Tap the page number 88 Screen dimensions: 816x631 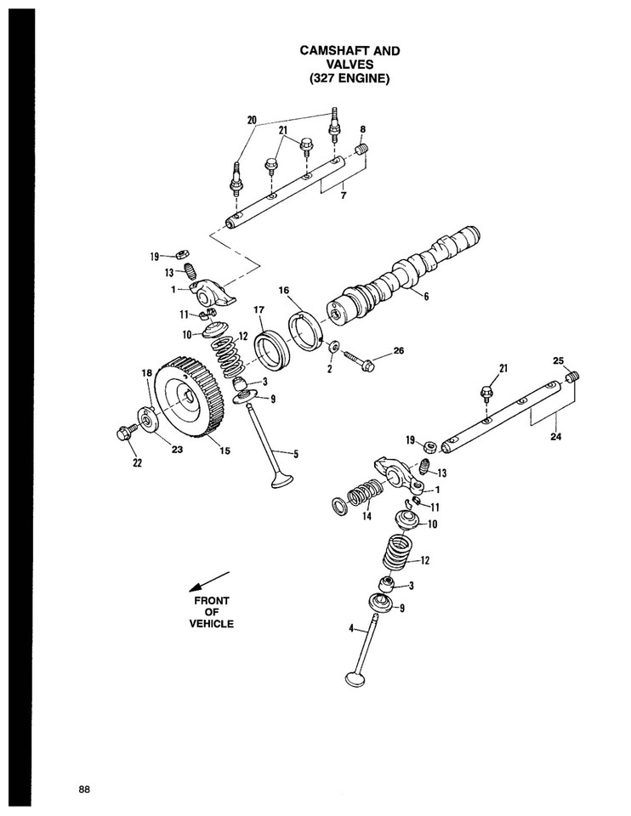tap(83, 788)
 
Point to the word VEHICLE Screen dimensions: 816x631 tap(211, 623)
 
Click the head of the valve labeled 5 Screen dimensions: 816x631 tap(280, 479)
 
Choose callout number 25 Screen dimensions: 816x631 tap(558, 360)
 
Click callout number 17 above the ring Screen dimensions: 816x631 tap(259, 310)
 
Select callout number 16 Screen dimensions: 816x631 tap(285, 290)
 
